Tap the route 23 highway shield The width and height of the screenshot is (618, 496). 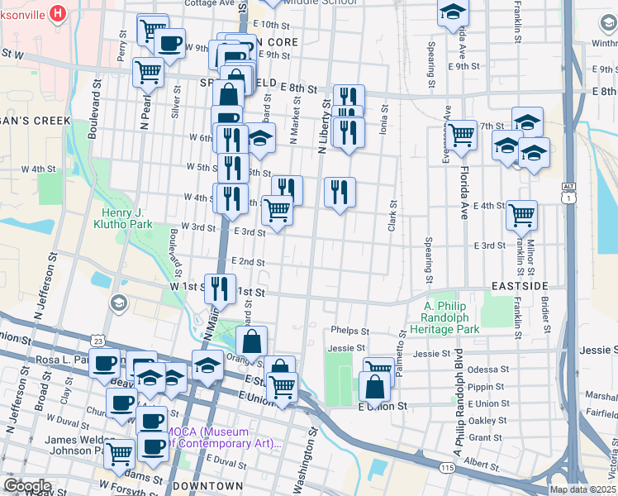point(98,341)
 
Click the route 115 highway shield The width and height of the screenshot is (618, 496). point(447,468)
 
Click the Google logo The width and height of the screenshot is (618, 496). point(27,485)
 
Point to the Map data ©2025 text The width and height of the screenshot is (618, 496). point(583,489)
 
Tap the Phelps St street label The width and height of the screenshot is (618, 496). point(348,330)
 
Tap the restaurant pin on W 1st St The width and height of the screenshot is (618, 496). point(219,289)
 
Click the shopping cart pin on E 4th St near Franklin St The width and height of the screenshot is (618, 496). point(521,215)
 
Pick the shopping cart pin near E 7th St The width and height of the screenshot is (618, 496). point(461,135)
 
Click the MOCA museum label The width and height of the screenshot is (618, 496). point(237,436)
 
